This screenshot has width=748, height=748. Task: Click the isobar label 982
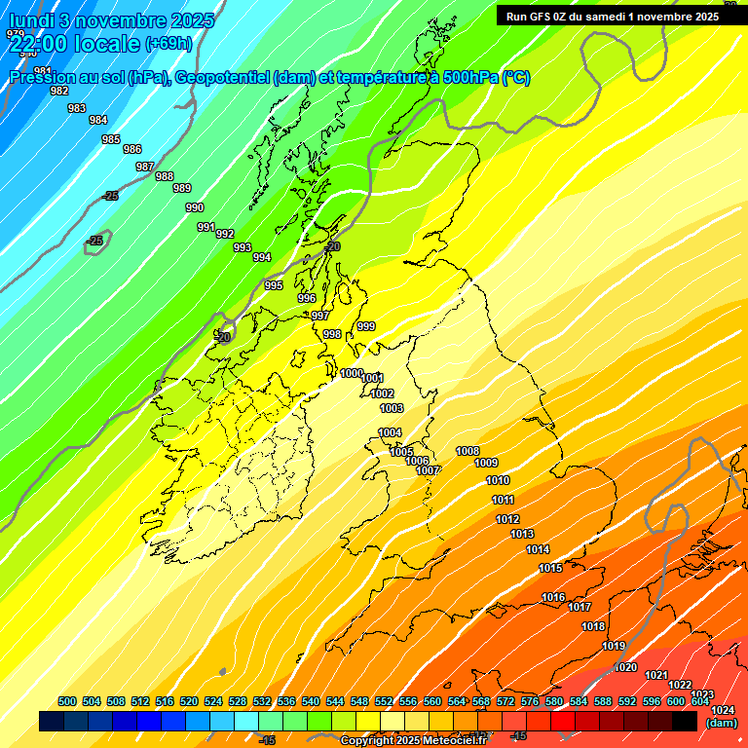pos(59,91)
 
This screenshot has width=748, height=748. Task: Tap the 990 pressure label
pos(195,207)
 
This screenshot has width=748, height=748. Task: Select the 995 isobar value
pos(274,285)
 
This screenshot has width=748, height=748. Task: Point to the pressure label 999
pos(366,326)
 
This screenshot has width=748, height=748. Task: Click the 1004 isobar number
pos(390,432)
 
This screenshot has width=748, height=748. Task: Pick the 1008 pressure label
pos(467,451)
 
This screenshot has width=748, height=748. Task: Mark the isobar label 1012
pos(507,519)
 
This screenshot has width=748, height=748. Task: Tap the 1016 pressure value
pos(553,597)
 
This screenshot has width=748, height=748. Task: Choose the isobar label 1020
pos(625,667)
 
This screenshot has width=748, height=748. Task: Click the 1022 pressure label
pos(680,685)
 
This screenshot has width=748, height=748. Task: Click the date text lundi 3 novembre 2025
pos(112,20)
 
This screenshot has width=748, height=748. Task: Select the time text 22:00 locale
pos(74,44)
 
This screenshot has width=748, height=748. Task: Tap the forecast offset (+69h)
pos(168,44)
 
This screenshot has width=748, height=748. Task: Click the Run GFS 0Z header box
pos(613,16)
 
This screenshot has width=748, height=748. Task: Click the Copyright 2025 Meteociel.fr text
pos(413,740)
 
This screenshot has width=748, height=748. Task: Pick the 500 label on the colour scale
pos(67,701)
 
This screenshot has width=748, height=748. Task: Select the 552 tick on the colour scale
pos(384,701)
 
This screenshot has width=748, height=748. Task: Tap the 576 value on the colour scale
pos(530,701)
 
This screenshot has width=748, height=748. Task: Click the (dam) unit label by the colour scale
pos(721,723)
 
